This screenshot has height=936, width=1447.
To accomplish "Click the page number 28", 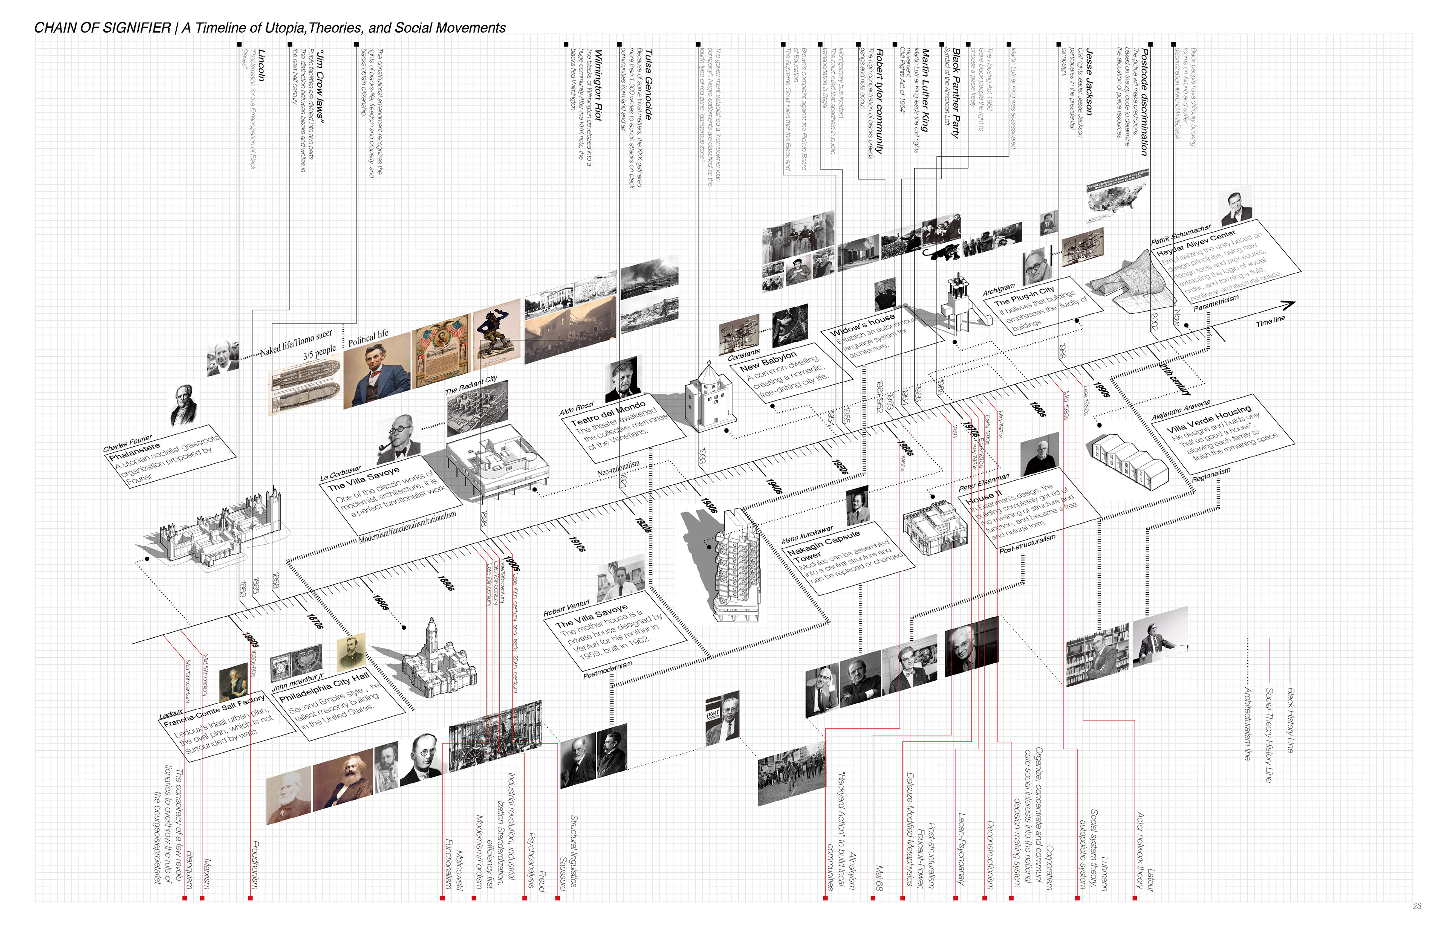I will click(1416, 905).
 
